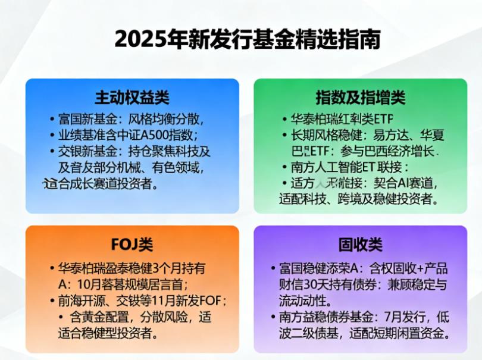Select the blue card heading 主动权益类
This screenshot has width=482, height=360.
pyautogui.click(x=132, y=97)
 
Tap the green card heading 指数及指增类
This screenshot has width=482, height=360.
pyautogui.click(x=360, y=97)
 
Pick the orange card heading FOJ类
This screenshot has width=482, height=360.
pyautogui.click(x=132, y=244)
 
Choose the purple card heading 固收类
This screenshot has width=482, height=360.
pyautogui.click(x=360, y=244)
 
